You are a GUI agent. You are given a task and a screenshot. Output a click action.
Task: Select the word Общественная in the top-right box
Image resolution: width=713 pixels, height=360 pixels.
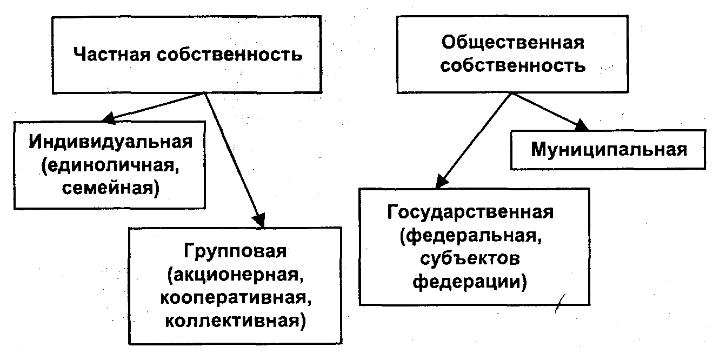pos(513,43)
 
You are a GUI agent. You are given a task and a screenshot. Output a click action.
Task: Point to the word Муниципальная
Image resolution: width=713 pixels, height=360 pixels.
pos(609,149)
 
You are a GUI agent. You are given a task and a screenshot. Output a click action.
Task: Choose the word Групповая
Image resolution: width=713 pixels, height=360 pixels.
pos(235,253)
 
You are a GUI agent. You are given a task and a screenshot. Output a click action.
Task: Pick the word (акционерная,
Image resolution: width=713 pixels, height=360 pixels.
pos(234,276)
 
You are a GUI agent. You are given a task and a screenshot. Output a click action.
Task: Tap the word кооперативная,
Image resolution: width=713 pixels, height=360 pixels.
pos(234,298)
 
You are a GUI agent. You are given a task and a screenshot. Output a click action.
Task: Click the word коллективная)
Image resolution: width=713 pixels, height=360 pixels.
pos(234,321)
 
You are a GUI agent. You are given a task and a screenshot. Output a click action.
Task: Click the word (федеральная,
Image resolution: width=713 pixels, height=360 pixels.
pos(470,235)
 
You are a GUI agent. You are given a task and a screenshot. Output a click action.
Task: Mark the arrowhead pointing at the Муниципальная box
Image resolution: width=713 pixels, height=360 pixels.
pos(581,126)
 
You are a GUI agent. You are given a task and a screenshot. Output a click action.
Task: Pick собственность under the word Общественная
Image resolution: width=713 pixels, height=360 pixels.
pos(513,66)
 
